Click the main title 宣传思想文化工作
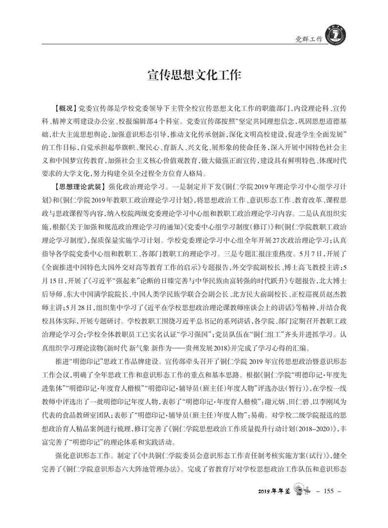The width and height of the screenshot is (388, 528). (x=194, y=76)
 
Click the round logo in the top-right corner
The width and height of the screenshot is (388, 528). (x=334, y=36)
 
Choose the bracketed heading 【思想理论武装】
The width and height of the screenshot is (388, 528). (x=78, y=187)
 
